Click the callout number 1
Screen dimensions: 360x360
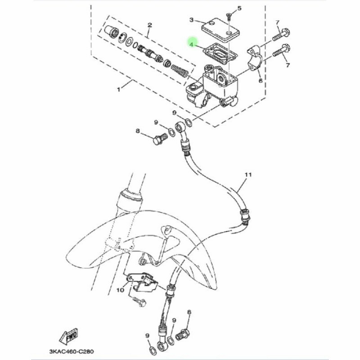(118, 89)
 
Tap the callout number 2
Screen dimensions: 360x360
(150, 25)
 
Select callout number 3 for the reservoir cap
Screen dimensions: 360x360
(192, 20)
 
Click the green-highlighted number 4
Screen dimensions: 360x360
(191, 45)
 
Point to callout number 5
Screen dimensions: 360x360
(239, 9)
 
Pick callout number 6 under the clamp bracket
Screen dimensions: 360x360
(261, 81)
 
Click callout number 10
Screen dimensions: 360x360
(120, 290)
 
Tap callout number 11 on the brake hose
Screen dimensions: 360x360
(248, 175)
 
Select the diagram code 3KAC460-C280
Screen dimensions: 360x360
(72, 351)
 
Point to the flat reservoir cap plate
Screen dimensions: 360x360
(220, 30)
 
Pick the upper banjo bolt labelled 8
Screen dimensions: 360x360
(160, 139)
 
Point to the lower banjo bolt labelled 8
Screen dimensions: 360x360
(183, 335)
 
